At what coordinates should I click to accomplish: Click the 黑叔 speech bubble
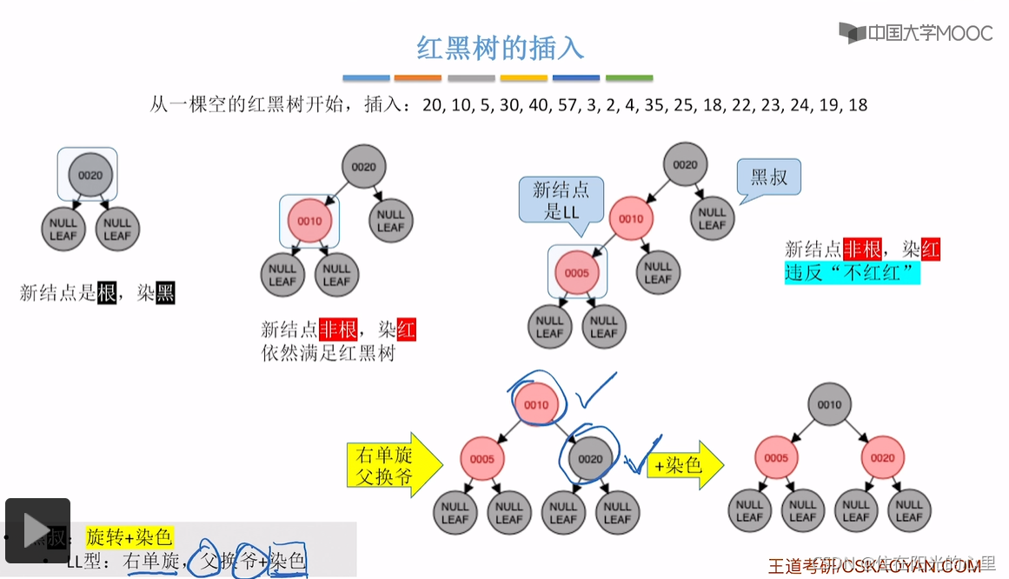coord(768,177)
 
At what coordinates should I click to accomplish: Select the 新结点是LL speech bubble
coord(561,201)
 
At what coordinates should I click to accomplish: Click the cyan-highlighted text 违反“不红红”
coord(852,272)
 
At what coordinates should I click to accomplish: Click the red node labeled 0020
coord(882,458)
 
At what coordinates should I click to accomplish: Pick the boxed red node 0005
coord(577,273)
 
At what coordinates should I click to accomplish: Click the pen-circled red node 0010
coord(536,404)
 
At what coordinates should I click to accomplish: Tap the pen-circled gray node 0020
coord(590,459)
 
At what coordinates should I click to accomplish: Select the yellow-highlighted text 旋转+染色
coord(129,536)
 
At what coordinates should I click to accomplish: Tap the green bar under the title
coord(629,78)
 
